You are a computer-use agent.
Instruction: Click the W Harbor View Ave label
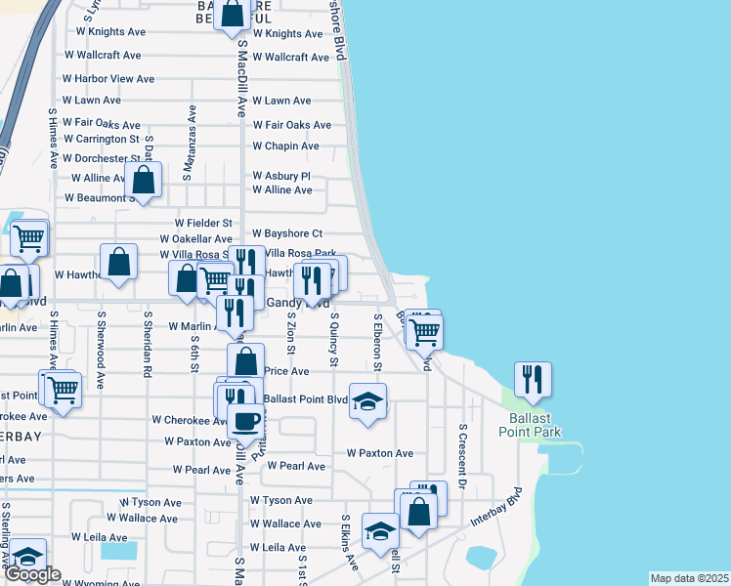coord(108,79)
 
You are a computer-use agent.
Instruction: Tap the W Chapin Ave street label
coord(285,146)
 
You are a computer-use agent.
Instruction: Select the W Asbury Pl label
coord(280,177)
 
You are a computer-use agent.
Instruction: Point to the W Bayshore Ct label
coord(286,234)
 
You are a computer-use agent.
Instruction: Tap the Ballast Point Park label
coord(527,424)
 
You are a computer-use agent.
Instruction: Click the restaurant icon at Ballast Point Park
coord(533,377)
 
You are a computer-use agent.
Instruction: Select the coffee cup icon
coord(245,420)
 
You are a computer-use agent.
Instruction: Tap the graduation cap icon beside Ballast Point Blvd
coord(367,401)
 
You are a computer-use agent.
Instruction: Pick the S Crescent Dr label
coord(462,456)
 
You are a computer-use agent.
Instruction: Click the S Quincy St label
coord(334,340)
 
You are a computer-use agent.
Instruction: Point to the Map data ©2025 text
coord(690,578)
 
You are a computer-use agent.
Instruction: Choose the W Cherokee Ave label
coord(190,421)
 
